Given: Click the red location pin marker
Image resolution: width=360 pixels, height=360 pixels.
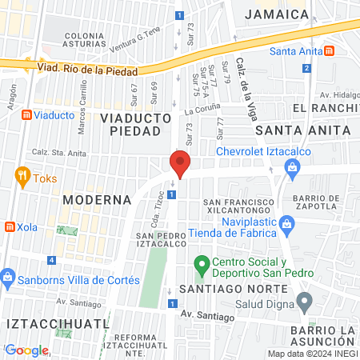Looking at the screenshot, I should point(180,164).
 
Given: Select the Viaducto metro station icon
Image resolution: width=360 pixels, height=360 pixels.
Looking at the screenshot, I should point(26,115).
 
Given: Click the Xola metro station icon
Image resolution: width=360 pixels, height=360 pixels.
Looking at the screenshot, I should point(10,226).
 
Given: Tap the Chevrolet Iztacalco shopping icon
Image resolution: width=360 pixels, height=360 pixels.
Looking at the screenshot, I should point(292,167).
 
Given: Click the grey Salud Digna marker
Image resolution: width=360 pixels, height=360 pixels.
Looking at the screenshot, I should point(304,302).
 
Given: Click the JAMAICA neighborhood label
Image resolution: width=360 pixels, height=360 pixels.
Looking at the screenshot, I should point(277,14).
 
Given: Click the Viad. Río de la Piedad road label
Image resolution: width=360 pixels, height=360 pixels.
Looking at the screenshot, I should point(86,68).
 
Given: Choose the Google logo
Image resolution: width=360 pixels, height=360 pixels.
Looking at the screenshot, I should point(26,350).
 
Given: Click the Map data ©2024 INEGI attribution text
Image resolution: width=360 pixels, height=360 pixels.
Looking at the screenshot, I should point(311,354).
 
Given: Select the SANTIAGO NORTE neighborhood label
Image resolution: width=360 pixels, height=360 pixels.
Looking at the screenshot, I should point(232,287).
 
